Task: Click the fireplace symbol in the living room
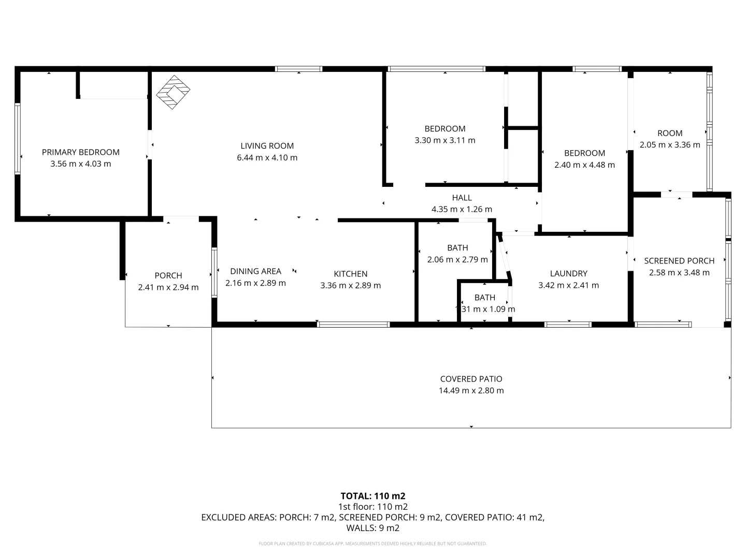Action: pyautogui.click(x=173, y=93)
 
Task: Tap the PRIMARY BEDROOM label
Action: pyautogui.click(x=81, y=152)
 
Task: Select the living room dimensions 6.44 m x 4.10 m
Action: pyautogui.click(x=267, y=158)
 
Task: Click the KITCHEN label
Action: pyautogui.click(x=351, y=274)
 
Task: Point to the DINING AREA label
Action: pyautogui.click(x=256, y=271)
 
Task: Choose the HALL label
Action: pyautogui.click(x=462, y=198)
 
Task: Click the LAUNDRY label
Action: pyautogui.click(x=569, y=273)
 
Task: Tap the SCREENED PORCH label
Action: pyautogui.click(x=679, y=261)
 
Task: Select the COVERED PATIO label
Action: pyautogui.click(x=471, y=379)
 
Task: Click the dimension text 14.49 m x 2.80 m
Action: pyautogui.click(x=471, y=391)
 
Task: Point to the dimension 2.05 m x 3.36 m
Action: pyautogui.click(x=670, y=145)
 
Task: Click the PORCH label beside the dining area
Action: pyautogui.click(x=168, y=275)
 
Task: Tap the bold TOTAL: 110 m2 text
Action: pyautogui.click(x=373, y=496)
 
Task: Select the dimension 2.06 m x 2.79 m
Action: pyautogui.click(x=457, y=260)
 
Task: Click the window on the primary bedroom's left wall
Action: pyautogui.click(x=18, y=138)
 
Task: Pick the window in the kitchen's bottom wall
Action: pyautogui.click(x=353, y=325)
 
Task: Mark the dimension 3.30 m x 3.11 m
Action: pyautogui.click(x=445, y=140)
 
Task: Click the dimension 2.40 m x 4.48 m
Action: pyautogui.click(x=585, y=165)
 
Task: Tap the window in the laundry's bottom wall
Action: pyautogui.click(x=568, y=325)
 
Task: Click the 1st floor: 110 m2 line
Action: pyautogui.click(x=373, y=507)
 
